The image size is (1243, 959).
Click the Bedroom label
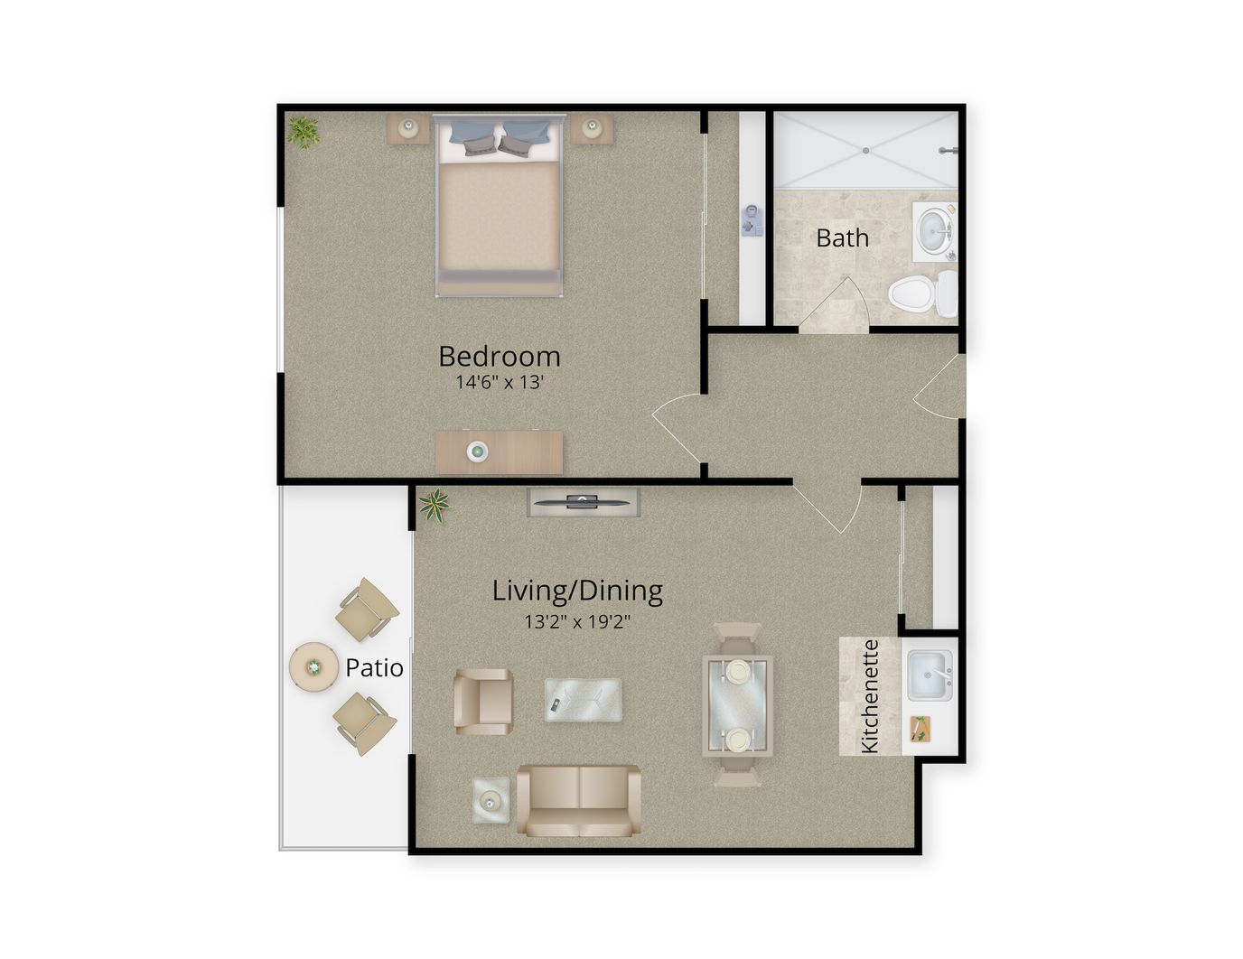click(x=499, y=357)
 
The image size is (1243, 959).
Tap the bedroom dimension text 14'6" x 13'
click(x=499, y=382)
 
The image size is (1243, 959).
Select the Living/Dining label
click(x=578, y=591)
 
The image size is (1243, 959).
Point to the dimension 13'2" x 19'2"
click(x=578, y=621)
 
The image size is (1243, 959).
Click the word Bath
click(x=842, y=237)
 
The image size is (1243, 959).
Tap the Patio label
click(x=375, y=668)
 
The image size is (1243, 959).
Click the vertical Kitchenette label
click(x=870, y=696)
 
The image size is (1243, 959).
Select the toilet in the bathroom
click(x=922, y=294)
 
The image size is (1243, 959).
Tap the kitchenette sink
click(x=930, y=675)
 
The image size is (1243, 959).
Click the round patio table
click(x=313, y=666)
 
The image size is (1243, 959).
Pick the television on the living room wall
click(x=583, y=503)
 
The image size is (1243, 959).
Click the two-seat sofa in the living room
click(x=579, y=801)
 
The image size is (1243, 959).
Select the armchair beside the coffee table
click(x=482, y=702)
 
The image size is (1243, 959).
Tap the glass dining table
click(x=738, y=704)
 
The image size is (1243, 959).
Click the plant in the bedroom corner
click(x=304, y=132)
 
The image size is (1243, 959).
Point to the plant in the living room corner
click(x=435, y=506)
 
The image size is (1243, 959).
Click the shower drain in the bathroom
click(x=866, y=151)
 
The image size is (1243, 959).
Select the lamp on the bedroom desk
click(x=477, y=452)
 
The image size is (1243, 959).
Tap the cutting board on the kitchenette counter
click(x=920, y=729)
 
